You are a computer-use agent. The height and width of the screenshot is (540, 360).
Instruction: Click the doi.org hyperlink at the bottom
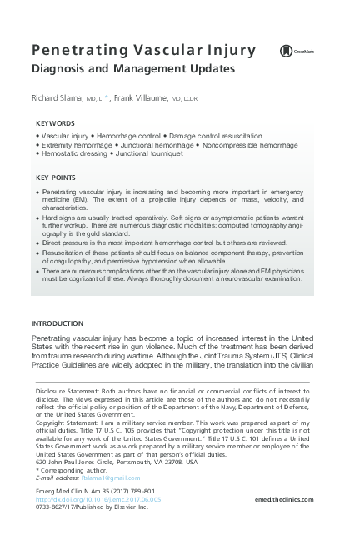(x=95, y=500)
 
